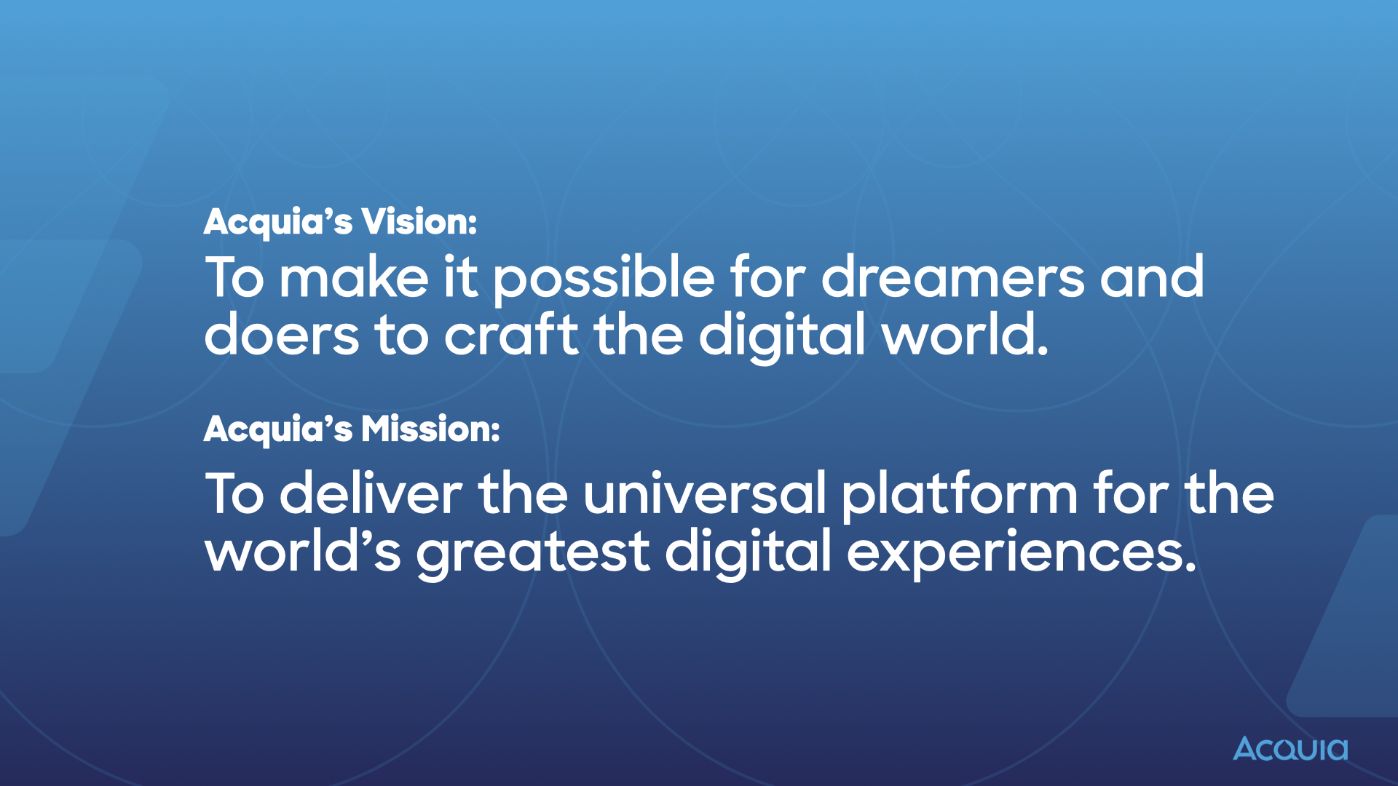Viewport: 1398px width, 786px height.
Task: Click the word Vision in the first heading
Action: tap(419, 221)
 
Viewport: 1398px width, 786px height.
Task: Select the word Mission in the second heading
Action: tap(430, 429)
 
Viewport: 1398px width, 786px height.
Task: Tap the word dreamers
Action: tap(952, 278)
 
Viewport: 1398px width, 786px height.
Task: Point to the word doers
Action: tap(281, 336)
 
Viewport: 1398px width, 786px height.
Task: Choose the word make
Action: tap(355, 278)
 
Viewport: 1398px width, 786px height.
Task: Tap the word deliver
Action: tap(371, 494)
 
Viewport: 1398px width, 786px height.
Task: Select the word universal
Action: tap(704, 494)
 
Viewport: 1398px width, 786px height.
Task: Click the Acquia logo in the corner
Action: tap(1290, 749)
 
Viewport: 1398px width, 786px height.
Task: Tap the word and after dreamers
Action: tap(1152, 278)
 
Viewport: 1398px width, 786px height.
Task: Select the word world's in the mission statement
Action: tap(303, 552)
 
